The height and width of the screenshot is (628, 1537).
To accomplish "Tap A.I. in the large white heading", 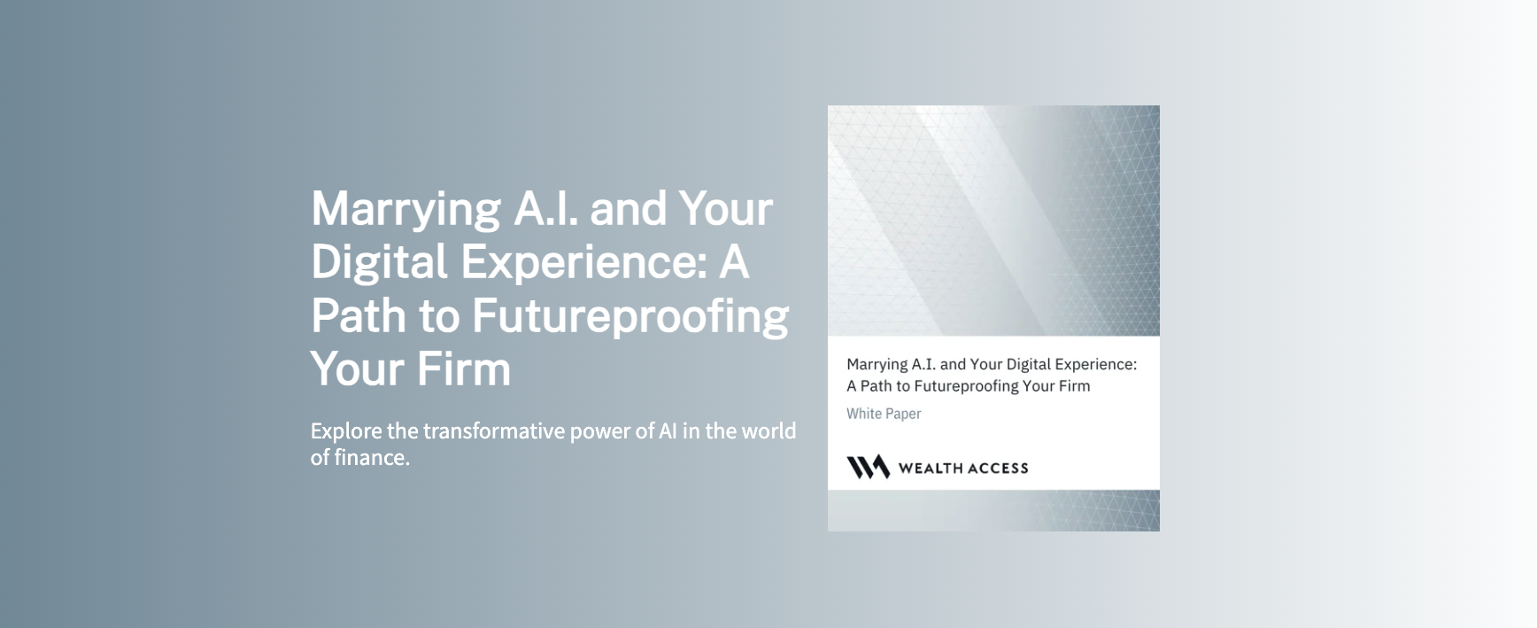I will pyautogui.click(x=545, y=208).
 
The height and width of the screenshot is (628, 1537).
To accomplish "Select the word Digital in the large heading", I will pyautogui.click(x=379, y=263).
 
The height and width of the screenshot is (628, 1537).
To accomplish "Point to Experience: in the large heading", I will pyautogui.click(x=583, y=263).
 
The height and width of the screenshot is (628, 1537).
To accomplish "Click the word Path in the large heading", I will pyautogui.click(x=358, y=315).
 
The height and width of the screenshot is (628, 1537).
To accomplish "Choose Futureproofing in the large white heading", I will pyautogui.click(x=629, y=317).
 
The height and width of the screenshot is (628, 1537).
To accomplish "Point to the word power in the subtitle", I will pyautogui.click(x=599, y=431).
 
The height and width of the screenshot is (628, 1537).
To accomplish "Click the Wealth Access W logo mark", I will pyautogui.click(x=868, y=467).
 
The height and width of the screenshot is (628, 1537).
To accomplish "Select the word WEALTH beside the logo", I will pyautogui.click(x=929, y=469).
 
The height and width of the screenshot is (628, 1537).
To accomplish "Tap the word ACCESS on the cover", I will pyautogui.click(x=997, y=469).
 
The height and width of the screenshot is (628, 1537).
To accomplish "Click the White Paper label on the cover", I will pyautogui.click(x=884, y=414).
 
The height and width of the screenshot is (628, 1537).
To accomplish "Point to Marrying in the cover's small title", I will pyautogui.click(x=877, y=365).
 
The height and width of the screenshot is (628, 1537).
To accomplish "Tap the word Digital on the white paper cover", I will pyautogui.click(x=1031, y=364).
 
